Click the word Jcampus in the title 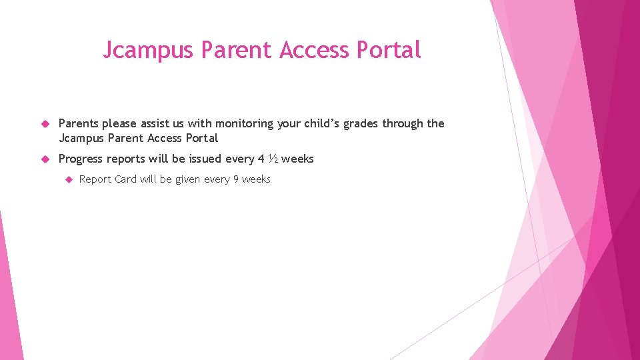149,50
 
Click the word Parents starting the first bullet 79,123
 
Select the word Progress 82,159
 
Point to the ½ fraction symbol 273,159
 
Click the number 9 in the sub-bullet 235,179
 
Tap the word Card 125,179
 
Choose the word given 187,179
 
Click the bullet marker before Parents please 45,124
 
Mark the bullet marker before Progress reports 45,159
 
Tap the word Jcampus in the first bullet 81,138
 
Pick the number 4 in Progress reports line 261,159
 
